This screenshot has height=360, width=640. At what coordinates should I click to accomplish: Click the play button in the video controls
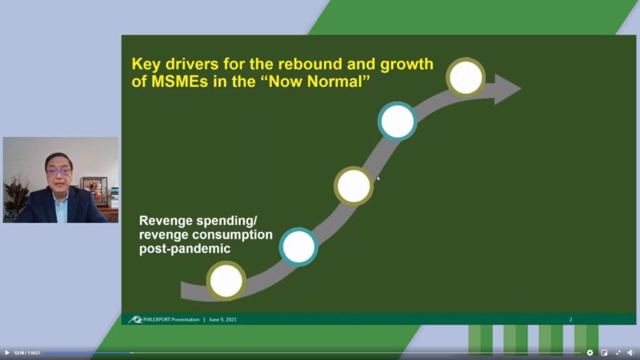tap(7, 352)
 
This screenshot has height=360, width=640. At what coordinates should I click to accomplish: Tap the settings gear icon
tap(590, 352)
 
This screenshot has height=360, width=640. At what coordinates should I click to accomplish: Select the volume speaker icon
tap(631, 352)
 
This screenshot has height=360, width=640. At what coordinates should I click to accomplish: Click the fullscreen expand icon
tap(618, 352)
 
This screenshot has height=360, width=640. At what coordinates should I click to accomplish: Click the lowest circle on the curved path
tap(226, 281)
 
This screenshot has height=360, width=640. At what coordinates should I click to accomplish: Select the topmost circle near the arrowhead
tap(466, 77)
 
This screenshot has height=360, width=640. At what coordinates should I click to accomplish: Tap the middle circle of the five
tap(354, 186)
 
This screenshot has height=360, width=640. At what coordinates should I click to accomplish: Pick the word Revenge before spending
tap(166, 221)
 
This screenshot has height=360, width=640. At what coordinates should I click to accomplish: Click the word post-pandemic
tap(185, 249)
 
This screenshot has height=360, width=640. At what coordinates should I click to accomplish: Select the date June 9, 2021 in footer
tap(223, 319)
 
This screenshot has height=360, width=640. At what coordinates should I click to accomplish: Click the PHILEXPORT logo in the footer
tap(135, 319)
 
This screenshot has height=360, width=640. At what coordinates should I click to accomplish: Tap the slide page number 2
tap(571, 319)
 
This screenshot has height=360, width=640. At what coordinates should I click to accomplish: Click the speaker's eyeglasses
tap(59, 171)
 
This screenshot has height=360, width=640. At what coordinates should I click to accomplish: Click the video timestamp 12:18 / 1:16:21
tap(27, 352)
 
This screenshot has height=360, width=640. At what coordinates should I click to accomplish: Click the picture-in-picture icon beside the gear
tap(604, 352)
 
